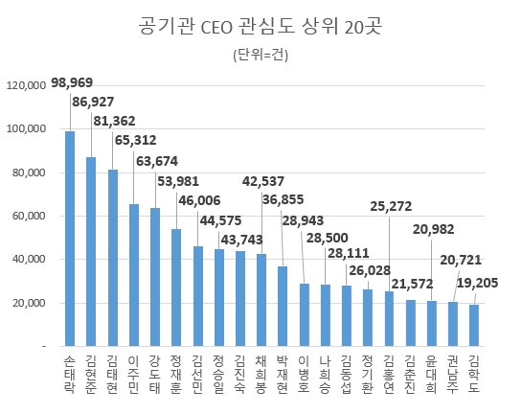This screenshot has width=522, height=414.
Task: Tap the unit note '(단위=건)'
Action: click(x=261, y=55)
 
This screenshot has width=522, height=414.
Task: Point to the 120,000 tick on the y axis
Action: click(x=27, y=86)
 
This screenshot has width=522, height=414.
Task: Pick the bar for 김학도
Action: click(x=473, y=325)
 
